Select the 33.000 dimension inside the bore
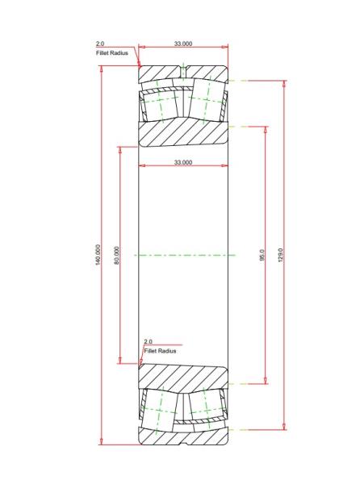(183, 162)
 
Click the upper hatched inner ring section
(183, 133)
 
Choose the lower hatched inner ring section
(183, 378)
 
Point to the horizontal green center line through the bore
(184, 255)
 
